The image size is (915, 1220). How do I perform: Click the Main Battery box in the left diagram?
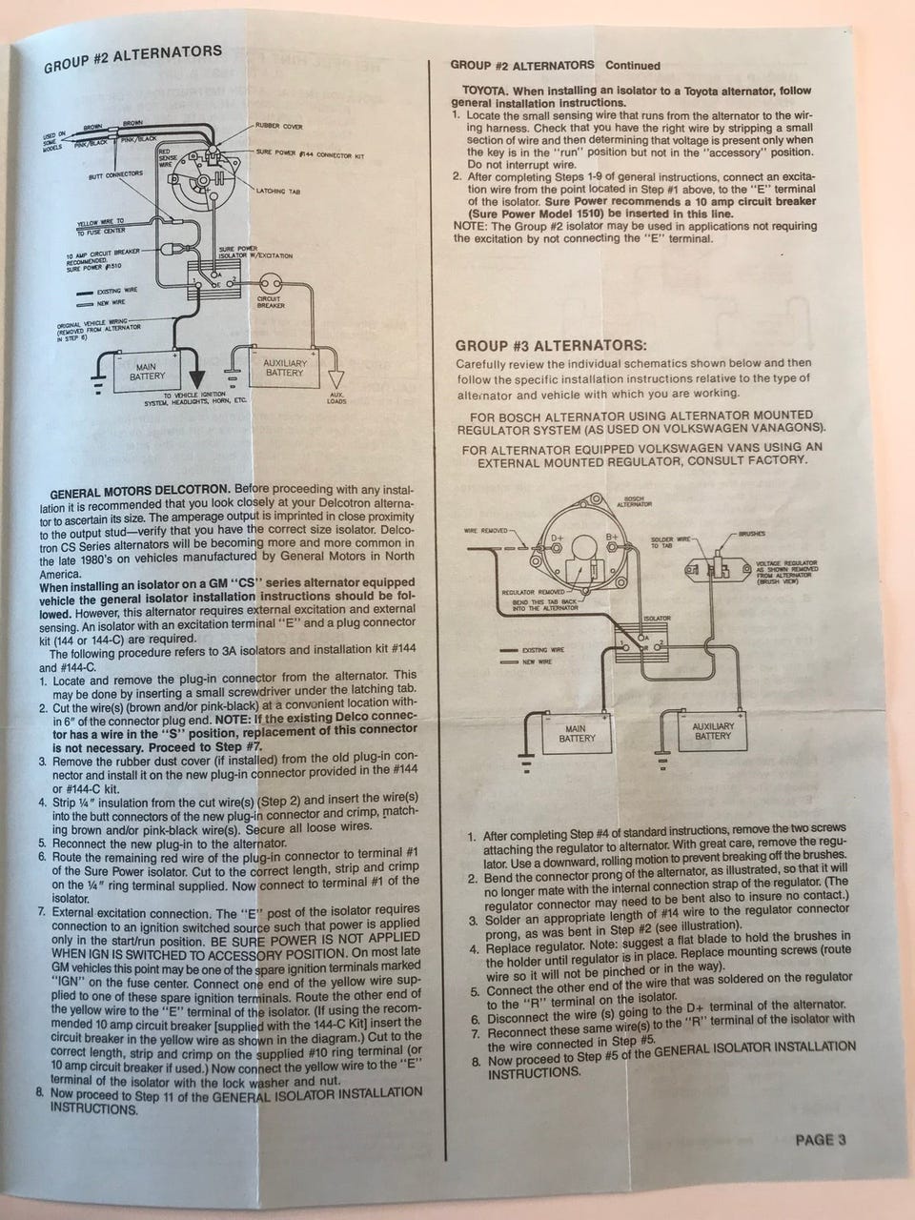(147, 373)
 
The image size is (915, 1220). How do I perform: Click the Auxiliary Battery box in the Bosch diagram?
(712, 731)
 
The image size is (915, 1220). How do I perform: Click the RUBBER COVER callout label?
(278, 126)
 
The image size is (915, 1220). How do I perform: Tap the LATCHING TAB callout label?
(278, 191)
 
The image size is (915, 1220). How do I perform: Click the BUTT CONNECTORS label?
(114, 174)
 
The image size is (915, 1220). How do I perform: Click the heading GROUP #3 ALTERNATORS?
(550, 345)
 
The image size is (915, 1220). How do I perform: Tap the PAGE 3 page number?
(820, 1139)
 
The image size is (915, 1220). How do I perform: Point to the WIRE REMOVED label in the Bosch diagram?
(487, 531)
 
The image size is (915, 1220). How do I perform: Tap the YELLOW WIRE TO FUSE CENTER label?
(99, 227)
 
